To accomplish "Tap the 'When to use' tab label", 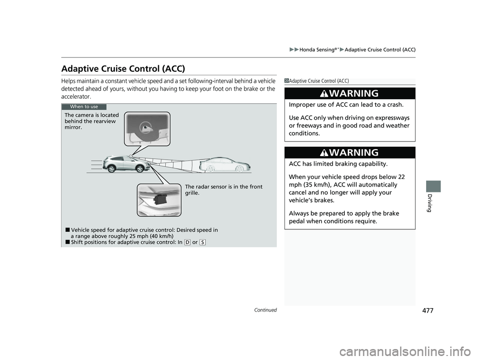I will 84,107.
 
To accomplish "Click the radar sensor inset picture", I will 159,199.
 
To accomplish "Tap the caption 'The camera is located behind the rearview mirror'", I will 92,121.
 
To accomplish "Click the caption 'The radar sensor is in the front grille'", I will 223,190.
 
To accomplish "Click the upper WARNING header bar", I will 349,94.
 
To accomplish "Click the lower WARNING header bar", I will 349,153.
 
